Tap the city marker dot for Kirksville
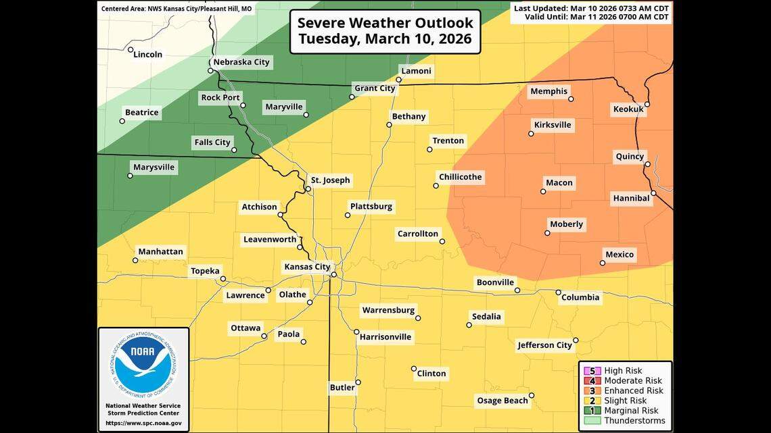[531, 134]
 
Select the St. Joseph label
[330, 180]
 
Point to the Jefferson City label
[544, 345]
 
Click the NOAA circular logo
[143, 365]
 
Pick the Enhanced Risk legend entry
[633, 390]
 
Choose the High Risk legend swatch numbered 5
[592, 371]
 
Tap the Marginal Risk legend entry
[631, 411]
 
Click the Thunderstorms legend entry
[634, 421]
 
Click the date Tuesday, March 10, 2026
[385, 39]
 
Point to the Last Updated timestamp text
[592, 8]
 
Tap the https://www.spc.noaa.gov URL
[143, 423]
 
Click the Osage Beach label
[503, 401]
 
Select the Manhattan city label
[160, 252]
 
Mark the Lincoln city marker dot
[131, 49]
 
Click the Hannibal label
[631, 198]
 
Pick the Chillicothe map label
[460, 177]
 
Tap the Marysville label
[154, 167]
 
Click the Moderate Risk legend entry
[633, 380]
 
